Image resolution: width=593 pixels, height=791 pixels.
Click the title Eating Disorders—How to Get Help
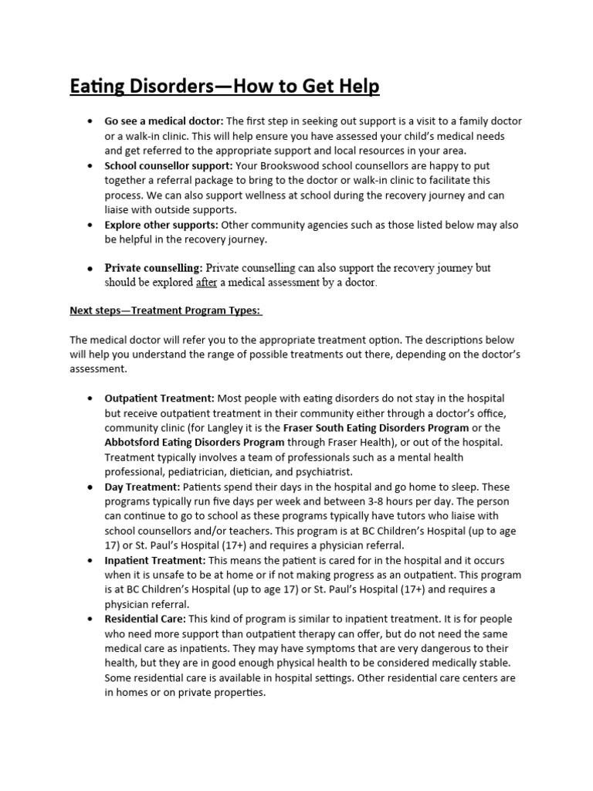[x=225, y=87]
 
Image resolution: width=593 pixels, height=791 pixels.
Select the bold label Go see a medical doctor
[x=164, y=122]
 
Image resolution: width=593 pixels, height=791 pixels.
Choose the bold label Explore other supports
[x=161, y=225]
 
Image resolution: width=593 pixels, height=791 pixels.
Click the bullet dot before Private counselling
[x=90, y=268]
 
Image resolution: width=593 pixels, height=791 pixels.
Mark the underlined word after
[x=206, y=283]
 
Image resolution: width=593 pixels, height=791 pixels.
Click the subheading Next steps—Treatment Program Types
[x=166, y=311]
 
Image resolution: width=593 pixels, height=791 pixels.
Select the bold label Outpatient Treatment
[x=159, y=399]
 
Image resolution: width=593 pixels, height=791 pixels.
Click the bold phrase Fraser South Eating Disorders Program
[x=376, y=428]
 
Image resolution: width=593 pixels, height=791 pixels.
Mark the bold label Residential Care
[x=145, y=619]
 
